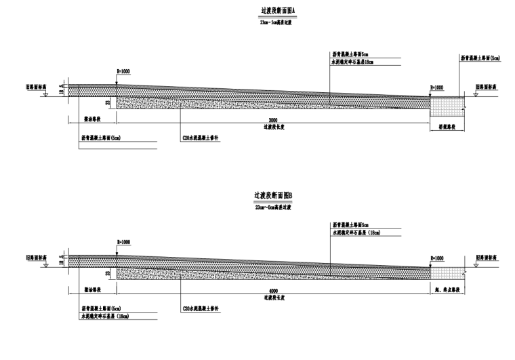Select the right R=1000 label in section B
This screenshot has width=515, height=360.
coord(436,258)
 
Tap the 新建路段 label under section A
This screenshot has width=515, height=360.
coord(444,127)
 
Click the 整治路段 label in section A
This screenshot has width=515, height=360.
coord(91,119)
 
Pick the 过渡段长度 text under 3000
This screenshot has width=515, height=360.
coord(272,127)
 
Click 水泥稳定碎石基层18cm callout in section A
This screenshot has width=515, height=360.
coord(352,62)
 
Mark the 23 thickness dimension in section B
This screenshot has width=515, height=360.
coord(108,273)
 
